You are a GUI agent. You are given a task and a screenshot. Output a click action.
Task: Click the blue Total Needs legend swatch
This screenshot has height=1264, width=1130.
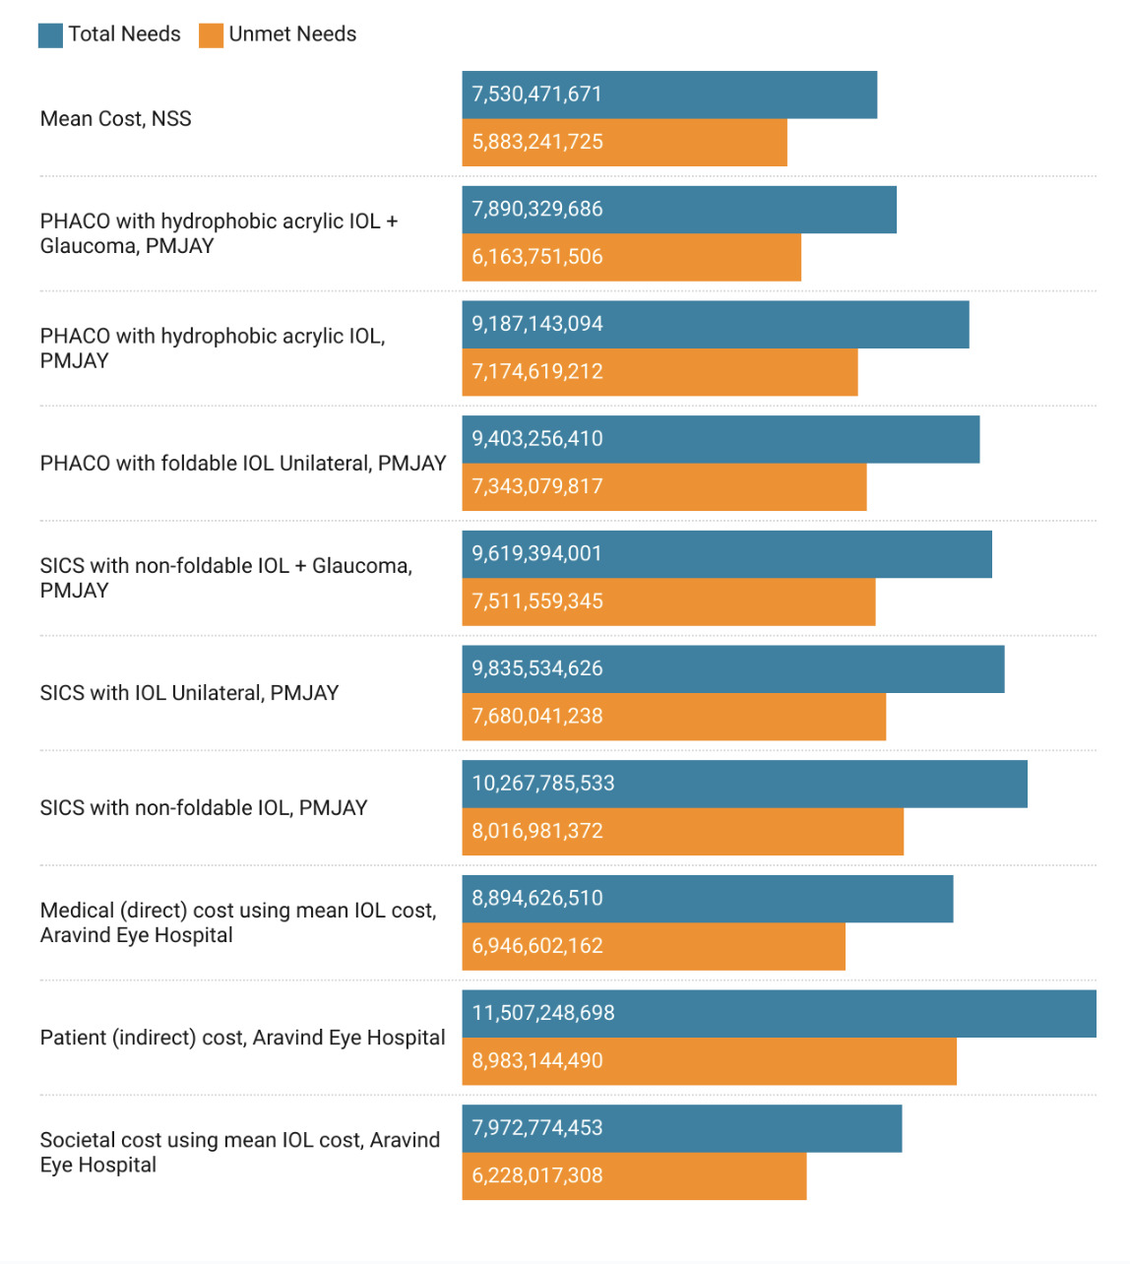50,35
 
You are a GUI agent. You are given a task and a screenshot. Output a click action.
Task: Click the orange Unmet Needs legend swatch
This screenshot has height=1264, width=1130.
211,35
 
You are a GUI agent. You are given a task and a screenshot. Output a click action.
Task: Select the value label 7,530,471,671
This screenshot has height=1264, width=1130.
536,95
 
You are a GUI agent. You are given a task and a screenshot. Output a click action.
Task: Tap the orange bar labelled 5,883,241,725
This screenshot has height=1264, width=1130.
624,143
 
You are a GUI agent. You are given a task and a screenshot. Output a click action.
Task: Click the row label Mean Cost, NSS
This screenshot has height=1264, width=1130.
115,119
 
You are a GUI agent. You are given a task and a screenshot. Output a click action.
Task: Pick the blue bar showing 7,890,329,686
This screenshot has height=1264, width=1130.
679,210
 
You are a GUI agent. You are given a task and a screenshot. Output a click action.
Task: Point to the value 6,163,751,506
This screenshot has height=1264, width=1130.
536,257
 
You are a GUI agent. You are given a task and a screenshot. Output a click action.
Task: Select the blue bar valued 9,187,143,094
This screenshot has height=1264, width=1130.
716,325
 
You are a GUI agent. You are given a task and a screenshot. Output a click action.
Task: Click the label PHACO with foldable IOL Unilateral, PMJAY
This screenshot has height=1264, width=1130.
243,464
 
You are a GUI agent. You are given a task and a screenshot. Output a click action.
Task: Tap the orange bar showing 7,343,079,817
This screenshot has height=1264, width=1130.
664,487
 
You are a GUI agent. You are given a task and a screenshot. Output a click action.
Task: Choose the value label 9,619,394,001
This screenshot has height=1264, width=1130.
536,554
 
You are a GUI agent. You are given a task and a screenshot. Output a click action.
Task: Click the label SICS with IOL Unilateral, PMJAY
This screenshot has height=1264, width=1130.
189,693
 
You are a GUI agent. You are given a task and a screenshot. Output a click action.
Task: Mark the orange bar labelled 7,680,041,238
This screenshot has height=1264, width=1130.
674,717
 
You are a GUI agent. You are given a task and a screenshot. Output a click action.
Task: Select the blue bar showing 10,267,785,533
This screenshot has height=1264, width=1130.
744,784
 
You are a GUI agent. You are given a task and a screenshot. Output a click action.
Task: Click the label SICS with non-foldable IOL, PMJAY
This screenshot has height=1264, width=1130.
204,808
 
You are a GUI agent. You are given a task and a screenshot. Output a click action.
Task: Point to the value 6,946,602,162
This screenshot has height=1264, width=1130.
536,946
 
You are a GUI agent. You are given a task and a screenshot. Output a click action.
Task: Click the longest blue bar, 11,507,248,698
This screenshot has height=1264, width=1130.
779,1014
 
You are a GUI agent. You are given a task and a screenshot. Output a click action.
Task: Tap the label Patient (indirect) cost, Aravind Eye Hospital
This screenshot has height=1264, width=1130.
242,1038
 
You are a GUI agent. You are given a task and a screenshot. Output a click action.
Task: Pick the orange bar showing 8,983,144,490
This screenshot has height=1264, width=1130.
709,1061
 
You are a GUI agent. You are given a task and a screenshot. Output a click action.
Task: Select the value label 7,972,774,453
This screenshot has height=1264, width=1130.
536,1128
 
